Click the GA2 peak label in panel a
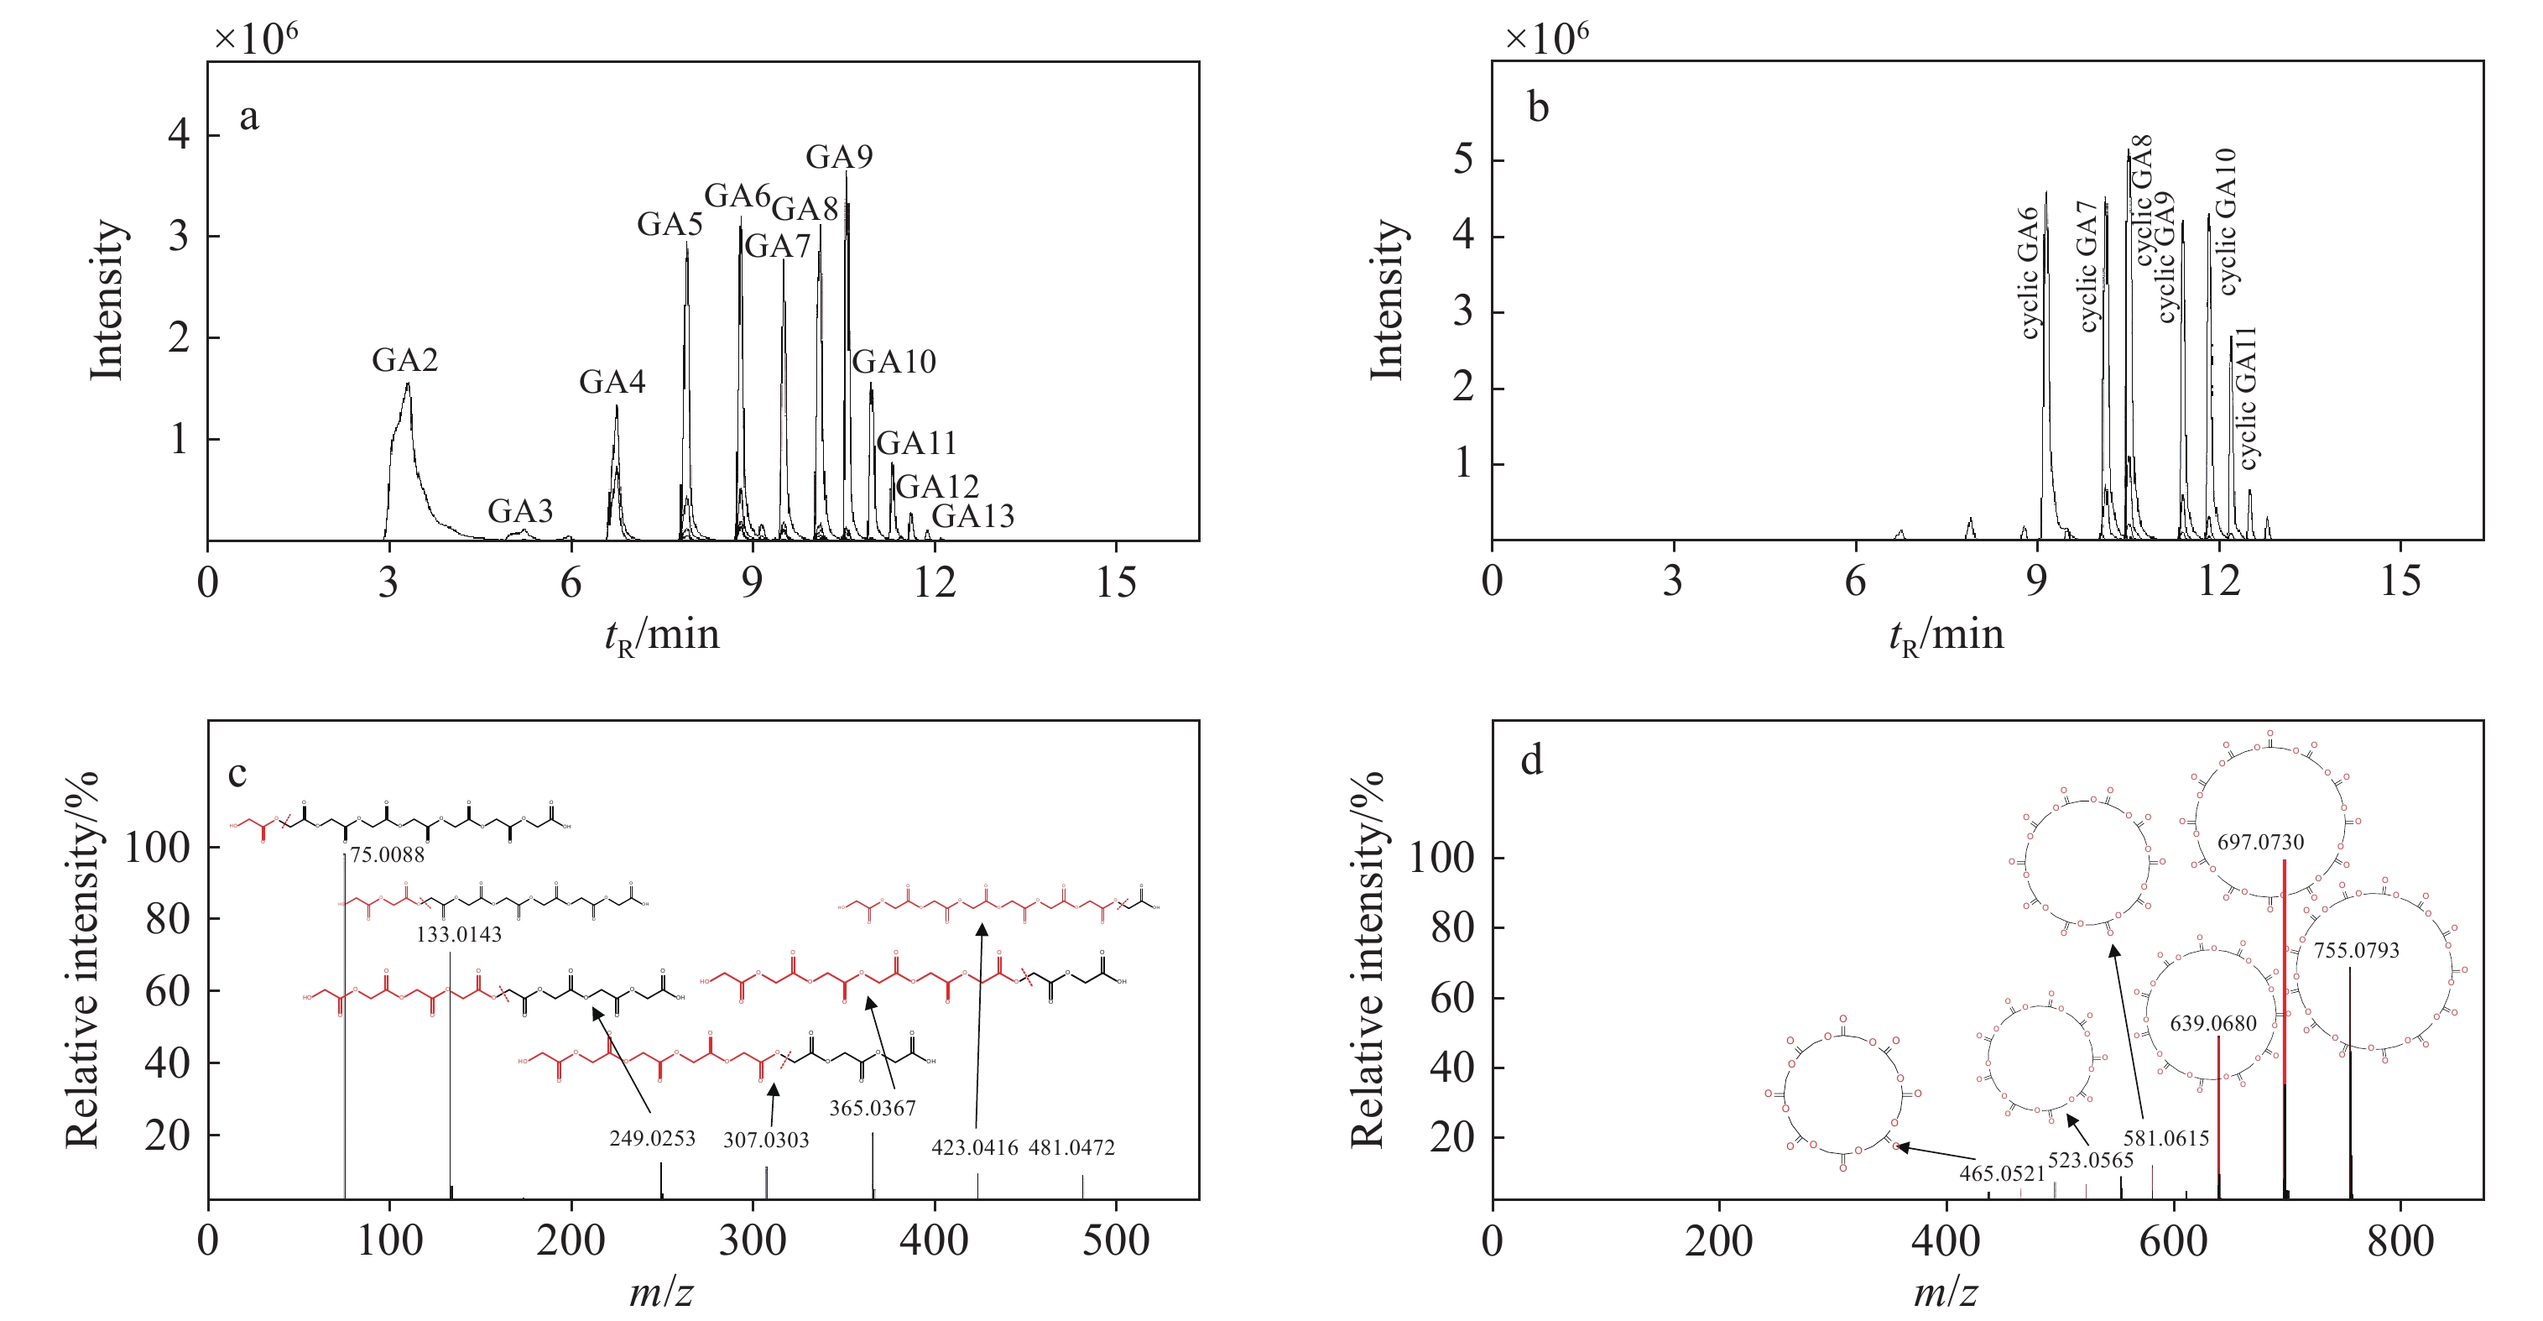click(404, 360)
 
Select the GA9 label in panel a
click(839, 157)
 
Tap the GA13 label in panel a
click(972, 516)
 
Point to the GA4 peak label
click(612, 382)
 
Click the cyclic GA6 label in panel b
click(2030, 273)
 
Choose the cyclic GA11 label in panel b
click(2247, 398)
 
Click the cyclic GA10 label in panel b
click(2226, 222)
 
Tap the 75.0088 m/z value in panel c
click(387, 855)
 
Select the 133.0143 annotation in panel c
click(458, 934)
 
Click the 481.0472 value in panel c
click(1071, 1147)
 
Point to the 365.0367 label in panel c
click(872, 1108)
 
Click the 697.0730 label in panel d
click(2260, 842)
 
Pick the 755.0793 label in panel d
click(2357, 951)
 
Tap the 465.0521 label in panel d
click(2002, 1174)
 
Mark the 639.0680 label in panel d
click(2213, 1024)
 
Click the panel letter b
click(1538, 107)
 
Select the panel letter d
click(1531, 760)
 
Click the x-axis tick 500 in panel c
click(1116, 1241)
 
